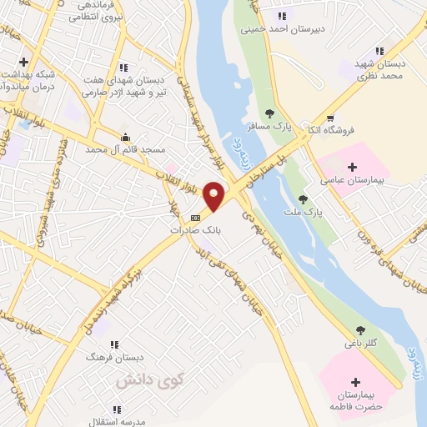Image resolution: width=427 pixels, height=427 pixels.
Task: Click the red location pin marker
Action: pos(214,196)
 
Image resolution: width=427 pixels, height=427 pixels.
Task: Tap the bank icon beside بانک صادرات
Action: pos(196,218)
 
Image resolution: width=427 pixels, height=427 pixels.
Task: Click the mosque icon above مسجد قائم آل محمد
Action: pos(125,137)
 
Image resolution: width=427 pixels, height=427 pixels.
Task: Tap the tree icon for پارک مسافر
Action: pos(269,113)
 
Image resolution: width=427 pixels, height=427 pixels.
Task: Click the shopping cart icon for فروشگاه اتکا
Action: pos(331,118)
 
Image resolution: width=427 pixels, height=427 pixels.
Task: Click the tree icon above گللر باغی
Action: pos(360,330)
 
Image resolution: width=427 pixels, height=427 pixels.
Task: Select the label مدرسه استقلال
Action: pos(117,422)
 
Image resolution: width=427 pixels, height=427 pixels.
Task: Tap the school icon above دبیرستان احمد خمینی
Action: pos(280,15)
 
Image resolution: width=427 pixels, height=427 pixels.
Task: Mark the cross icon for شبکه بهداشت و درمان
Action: pos(24,62)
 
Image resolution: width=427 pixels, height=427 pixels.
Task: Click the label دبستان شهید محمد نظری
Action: pos(380,69)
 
